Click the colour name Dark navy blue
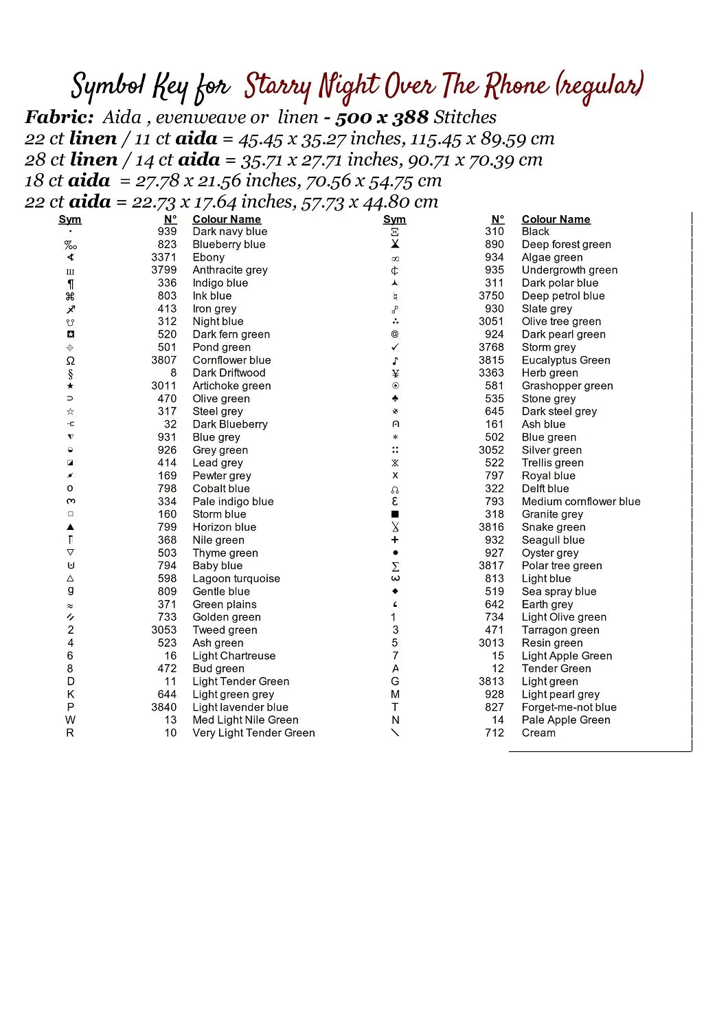229,232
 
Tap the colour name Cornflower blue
231,360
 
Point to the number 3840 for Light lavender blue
163,707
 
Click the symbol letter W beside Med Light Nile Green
70,720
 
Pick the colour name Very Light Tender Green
253,733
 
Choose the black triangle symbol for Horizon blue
70,527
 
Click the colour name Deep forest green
566,245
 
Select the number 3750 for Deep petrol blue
491,296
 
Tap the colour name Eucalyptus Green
565,360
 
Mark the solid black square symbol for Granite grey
395,514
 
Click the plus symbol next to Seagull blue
395,540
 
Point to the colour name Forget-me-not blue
569,707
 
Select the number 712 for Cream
494,733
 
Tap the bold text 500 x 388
382,118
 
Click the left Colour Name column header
227,219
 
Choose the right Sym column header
394,219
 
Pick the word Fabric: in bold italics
59,118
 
